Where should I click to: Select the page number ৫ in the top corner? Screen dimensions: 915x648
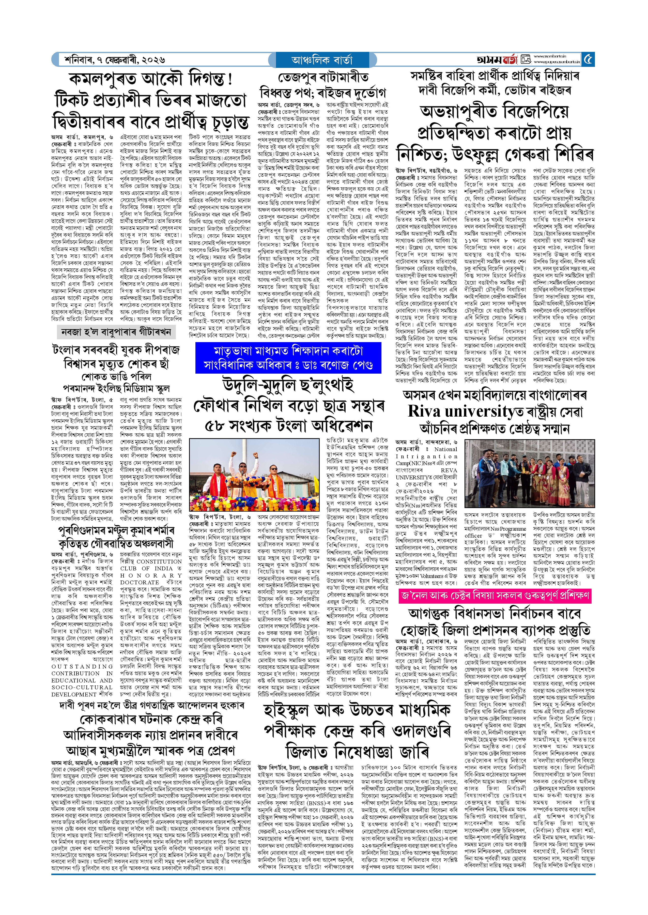[588, 59]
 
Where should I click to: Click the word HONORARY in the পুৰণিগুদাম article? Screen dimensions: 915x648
[151, 575]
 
